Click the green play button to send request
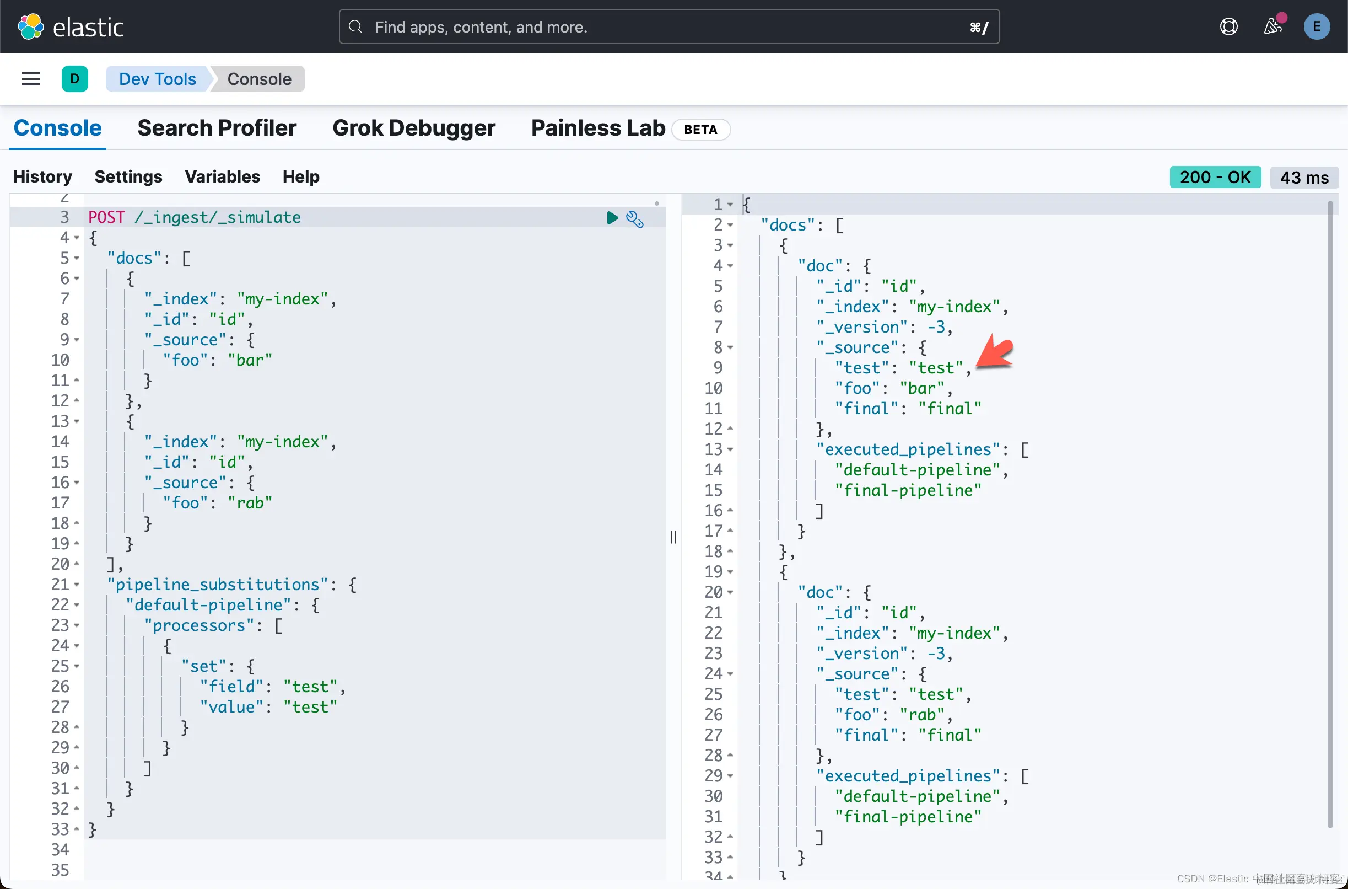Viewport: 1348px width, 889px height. (612, 218)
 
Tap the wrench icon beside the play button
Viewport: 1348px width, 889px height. (635, 219)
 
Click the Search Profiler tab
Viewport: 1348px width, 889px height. (217, 128)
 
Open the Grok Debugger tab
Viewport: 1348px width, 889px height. (414, 128)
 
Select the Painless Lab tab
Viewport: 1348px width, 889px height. (598, 128)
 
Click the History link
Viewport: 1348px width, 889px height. (42, 177)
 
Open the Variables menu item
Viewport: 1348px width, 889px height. (222, 177)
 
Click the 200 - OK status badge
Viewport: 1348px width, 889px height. (1215, 177)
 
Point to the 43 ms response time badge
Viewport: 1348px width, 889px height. (1304, 178)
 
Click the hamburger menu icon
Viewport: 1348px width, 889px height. (31, 79)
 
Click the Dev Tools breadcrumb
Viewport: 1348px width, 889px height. (158, 79)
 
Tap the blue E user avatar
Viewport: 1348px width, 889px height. (1316, 26)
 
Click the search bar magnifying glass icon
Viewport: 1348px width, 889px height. (355, 26)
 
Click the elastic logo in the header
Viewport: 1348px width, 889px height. (71, 26)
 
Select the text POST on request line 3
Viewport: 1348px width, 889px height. (106, 217)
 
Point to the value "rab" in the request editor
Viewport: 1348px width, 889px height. (250, 503)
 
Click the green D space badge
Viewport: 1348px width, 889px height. (75, 79)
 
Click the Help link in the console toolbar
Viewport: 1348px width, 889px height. (301, 177)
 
